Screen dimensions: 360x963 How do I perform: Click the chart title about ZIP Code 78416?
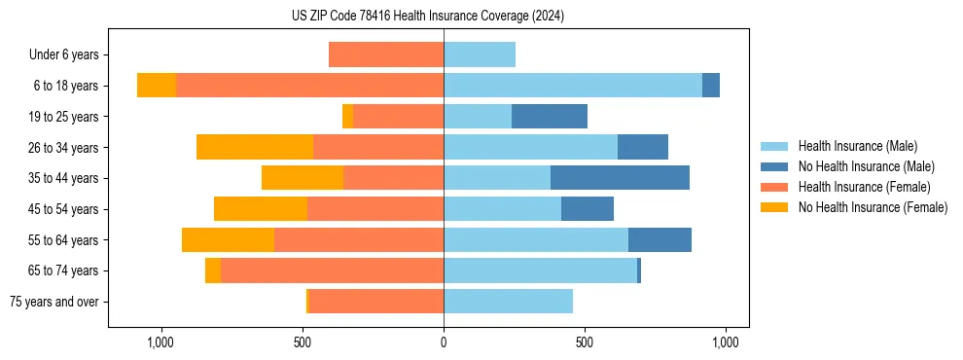point(427,16)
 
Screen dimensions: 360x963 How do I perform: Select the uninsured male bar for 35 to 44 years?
point(620,178)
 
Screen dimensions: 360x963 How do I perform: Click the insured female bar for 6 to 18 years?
point(309,86)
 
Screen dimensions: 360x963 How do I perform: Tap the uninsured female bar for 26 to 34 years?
point(255,147)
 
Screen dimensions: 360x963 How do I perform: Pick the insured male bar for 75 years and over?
point(508,302)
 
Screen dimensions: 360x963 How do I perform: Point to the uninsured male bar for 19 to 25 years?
point(550,117)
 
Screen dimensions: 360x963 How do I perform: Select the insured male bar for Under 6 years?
point(480,54)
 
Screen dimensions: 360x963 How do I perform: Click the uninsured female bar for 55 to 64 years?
point(228,239)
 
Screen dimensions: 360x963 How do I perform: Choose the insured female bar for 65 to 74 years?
point(332,270)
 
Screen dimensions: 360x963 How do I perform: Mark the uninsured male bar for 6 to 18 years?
point(711,86)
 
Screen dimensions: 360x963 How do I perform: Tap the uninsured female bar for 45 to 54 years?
point(261,209)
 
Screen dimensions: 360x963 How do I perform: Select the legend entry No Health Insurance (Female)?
point(873,207)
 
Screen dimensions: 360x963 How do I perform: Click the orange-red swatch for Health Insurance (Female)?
point(774,187)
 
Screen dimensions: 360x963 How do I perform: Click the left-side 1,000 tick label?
point(160,342)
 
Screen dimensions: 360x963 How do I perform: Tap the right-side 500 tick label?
point(584,342)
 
